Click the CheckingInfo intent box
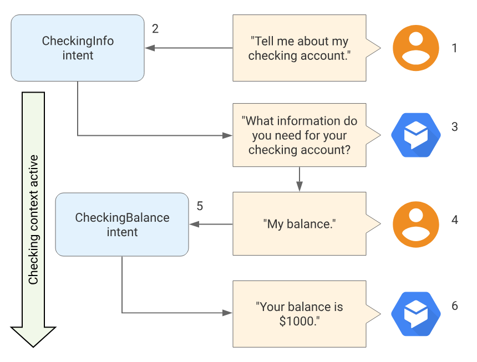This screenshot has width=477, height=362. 78,48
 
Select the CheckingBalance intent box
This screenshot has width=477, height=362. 122,225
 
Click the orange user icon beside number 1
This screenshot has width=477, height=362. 416,48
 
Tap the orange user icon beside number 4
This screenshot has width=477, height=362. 416,225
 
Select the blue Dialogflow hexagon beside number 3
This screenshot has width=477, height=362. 416,135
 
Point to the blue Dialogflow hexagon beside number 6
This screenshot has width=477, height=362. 416,314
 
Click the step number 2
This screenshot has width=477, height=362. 155,29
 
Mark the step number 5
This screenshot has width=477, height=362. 200,206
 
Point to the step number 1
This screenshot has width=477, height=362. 454,48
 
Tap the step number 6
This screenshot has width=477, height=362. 454,306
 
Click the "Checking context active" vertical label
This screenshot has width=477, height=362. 33,220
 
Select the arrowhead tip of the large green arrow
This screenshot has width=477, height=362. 33,347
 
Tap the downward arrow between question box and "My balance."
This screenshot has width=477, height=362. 300,179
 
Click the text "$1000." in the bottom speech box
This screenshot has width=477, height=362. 300,321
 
